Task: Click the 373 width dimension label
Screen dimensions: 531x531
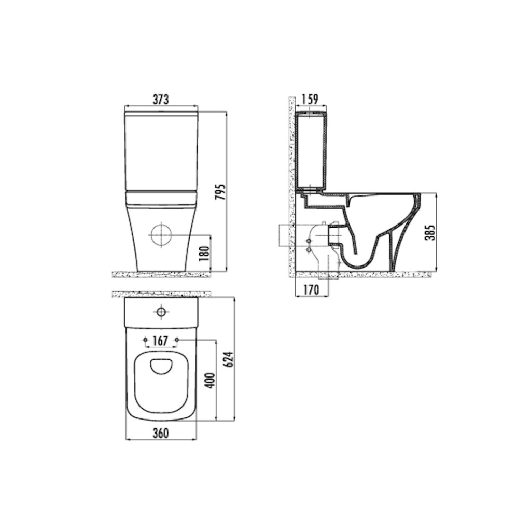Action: pyautogui.click(x=161, y=100)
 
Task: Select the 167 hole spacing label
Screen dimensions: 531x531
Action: pyautogui.click(x=161, y=341)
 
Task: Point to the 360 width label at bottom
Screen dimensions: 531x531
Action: pyautogui.click(x=161, y=433)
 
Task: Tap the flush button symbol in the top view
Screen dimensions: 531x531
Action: pyautogui.click(x=161, y=312)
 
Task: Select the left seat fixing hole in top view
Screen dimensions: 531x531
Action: pyautogui.click(x=145, y=340)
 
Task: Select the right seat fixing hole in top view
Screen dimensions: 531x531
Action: pyautogui.click(x=177, y=340)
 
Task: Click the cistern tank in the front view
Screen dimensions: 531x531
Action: pyautogui.click(x=161, y=150)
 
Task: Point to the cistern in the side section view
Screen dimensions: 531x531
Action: pyautogui.click(x=310, y=150)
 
